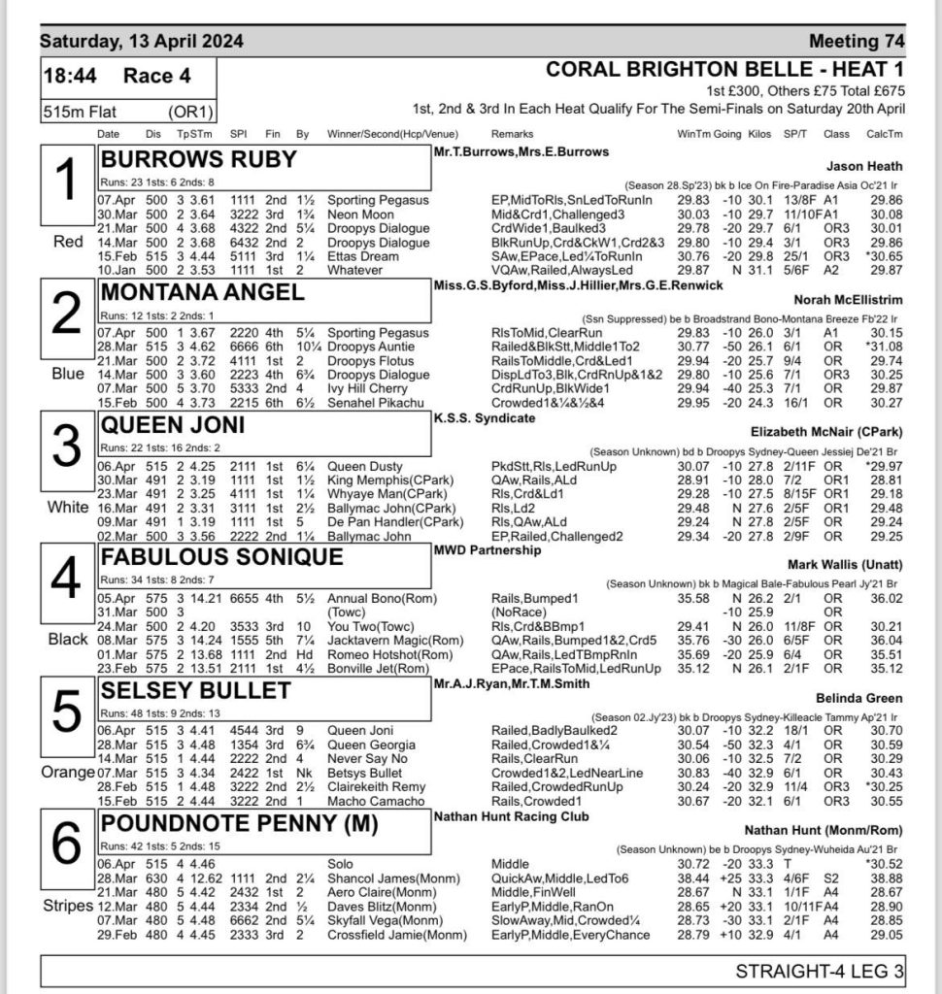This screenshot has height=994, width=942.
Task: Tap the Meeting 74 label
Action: coord(856,42)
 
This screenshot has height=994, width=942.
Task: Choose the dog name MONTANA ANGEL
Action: coord(203,292)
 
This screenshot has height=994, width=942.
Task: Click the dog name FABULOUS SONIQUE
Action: coord(222,557)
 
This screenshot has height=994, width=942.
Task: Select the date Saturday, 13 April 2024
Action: coord(141,42)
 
